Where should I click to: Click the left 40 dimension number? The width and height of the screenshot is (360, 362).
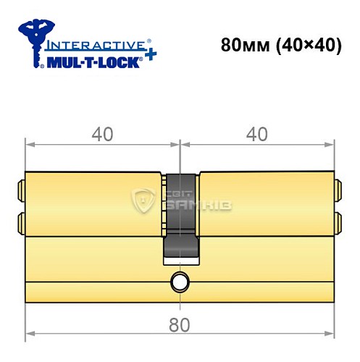102,134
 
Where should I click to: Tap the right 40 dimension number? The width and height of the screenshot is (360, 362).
258,134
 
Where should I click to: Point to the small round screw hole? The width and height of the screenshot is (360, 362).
178,282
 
